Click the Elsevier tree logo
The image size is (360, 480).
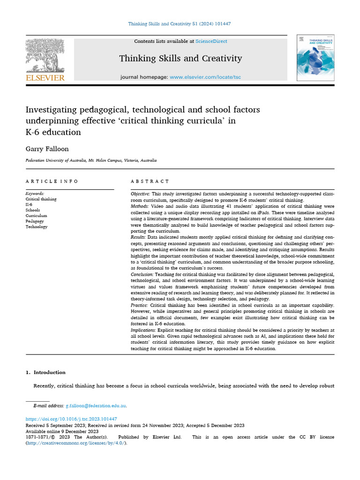(45, 55)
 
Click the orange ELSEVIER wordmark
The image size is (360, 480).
(45, 78)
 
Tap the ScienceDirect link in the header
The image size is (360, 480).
(211, 41)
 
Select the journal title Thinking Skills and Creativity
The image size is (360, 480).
(180, 59)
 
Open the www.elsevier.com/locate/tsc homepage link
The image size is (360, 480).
(205, 77)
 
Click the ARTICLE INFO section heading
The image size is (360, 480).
(52, 181)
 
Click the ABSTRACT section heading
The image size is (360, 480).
(150, 181)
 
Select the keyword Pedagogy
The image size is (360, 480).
(35, 221)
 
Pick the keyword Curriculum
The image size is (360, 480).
(36, 216)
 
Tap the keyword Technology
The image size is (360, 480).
(37, 227)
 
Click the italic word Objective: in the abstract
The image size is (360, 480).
(140, 194)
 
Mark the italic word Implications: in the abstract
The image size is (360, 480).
(144, 330)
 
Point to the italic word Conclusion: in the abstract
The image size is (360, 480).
(142, 274)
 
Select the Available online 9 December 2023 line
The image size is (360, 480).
(62, 431)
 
